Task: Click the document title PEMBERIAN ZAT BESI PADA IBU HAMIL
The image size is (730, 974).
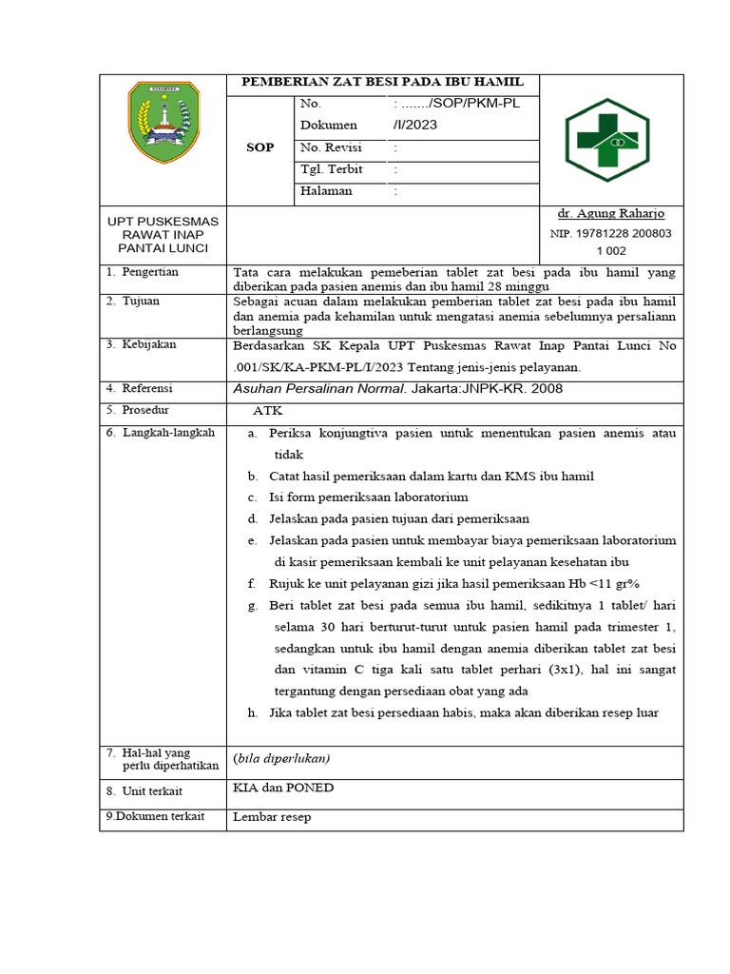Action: click(x=382, y=82)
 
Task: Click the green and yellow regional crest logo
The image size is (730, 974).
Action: click(x=163, y=122)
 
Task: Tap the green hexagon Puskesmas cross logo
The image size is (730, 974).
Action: click(x=606, y=140)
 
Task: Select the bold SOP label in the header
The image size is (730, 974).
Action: click(x=259, y=147)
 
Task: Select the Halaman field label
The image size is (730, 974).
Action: click(x=326, y=191)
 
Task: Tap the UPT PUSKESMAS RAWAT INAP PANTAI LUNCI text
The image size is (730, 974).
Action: click(x=163, y=234)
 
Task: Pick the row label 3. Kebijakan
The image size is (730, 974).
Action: click(x=142, y=344)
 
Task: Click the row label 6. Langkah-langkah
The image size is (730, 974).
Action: click(x=161, y=433)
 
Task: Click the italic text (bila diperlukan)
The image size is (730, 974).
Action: click(x=281, y=758)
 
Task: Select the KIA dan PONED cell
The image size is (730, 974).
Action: click(x=283, y=789)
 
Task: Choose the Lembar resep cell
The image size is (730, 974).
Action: click(x=272, y=817)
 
